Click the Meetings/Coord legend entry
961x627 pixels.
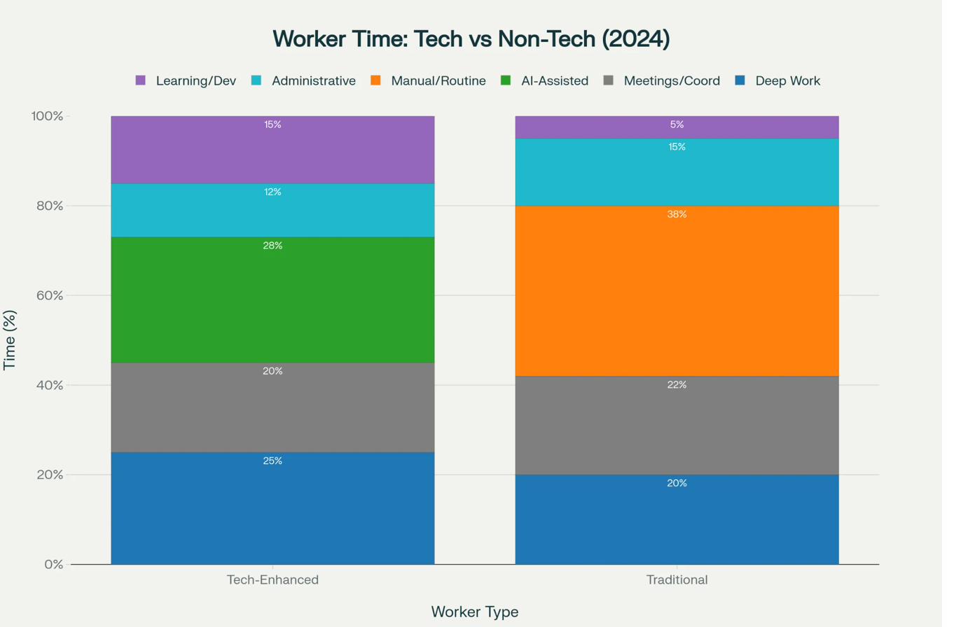672,81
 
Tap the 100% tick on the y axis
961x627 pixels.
46,116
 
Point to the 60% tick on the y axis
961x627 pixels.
49,295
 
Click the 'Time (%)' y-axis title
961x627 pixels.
10,340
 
